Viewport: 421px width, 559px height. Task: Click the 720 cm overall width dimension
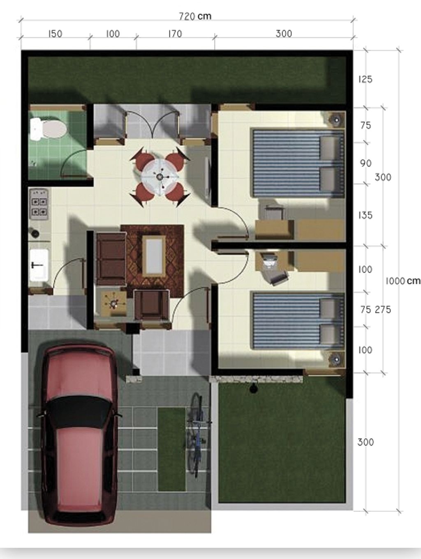click(195, 16)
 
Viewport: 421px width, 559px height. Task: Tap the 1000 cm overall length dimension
click(402, 281)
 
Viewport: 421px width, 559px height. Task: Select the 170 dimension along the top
click(175, 34)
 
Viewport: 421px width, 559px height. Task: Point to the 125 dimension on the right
click(365, 79)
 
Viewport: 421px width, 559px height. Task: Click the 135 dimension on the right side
click(365, 215)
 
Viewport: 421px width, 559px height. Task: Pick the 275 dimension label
click(383, 310)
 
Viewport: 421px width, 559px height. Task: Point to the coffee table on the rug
click(154, 255)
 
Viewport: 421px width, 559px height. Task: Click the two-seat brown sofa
click(111, 259)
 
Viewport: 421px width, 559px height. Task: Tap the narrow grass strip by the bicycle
click(171, 449)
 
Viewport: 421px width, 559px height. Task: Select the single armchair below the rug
click(151, 305)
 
